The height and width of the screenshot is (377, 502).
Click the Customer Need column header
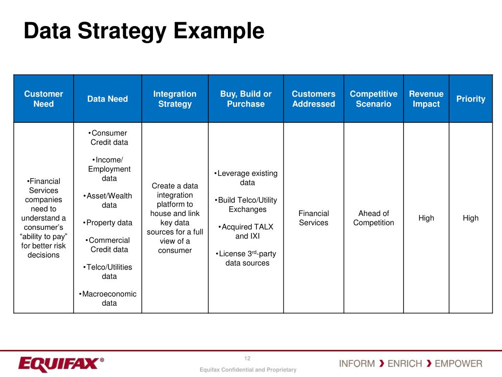click(44, 99)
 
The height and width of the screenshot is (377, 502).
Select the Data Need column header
click(107, 99)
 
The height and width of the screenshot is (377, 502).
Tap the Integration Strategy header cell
click(175, 99)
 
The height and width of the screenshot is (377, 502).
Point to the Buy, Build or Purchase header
click(246, 99)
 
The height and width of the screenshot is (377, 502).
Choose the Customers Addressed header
click(314, 99)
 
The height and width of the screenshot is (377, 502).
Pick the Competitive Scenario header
click(374, 99)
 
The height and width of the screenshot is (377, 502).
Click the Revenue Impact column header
click(426, 99)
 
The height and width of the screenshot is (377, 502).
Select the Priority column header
click(471, 99)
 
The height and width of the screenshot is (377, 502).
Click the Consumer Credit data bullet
click(108, 137)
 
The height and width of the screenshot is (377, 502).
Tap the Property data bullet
click(108, 222)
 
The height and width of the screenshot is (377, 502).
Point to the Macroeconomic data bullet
click(108, 298)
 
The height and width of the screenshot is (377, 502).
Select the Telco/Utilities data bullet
click(108, 271)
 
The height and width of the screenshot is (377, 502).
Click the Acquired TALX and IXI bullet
click(247, 231)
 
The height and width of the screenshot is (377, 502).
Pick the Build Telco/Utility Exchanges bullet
click(247, 205)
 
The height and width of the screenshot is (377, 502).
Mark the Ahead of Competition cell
click(374, 218)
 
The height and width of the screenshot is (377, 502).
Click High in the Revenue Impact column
click(426, 218)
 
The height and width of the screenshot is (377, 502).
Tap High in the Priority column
click(471, 218)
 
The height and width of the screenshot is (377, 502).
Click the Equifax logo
click(61, 364)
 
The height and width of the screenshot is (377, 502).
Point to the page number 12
click(248, 358)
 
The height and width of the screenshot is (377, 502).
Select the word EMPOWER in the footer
click(458, 364)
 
